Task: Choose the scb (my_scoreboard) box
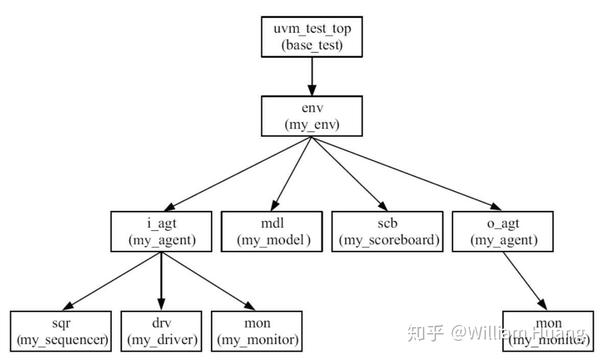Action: pos(386,231)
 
